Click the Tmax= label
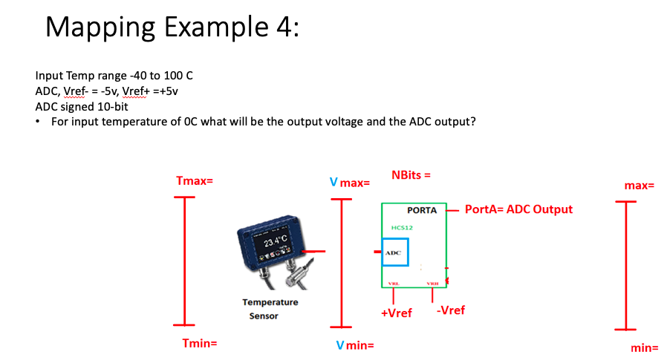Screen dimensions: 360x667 coord(195,181)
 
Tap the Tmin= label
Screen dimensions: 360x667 coord(200,343)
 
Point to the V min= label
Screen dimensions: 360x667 coord(354,345)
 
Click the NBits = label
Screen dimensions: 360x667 coord(411,175)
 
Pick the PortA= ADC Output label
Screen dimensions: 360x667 coord(518,209)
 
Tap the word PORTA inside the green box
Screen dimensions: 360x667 coord(421,211)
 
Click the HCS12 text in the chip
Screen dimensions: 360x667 coord(401,228)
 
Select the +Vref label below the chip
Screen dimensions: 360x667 coord(396,312)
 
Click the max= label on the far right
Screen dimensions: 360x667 coord(639,185)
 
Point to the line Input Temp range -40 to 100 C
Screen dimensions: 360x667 coord(114,76)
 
